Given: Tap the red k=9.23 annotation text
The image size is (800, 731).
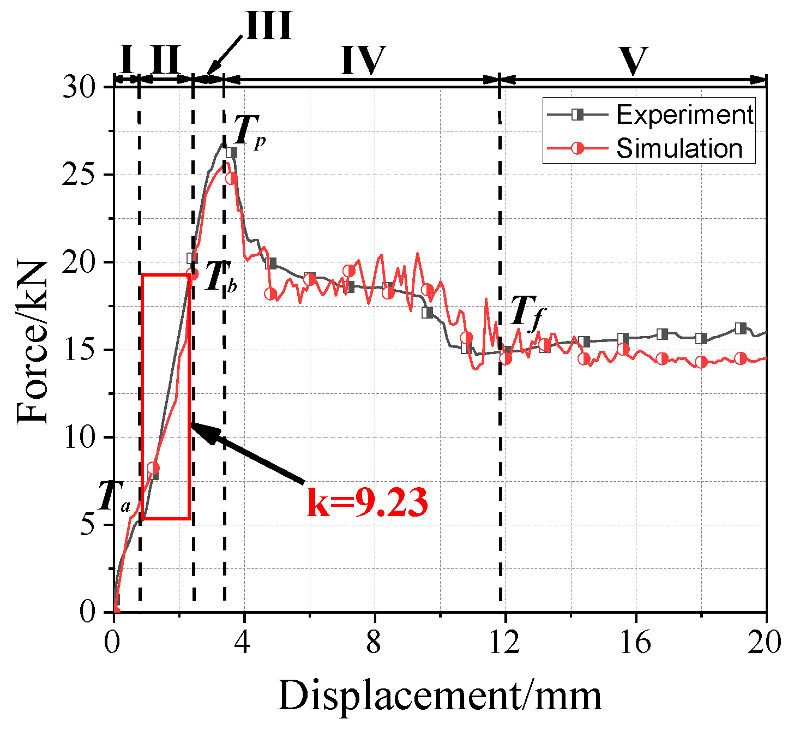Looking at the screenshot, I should pos(367,502).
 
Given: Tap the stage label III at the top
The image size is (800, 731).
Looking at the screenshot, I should pos(269,26).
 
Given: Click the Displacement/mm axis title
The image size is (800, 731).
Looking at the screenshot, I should pos(440,697).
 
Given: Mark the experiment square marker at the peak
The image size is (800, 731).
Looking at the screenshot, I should pos(232,153).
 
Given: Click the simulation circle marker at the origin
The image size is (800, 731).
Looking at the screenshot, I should pos(115,610).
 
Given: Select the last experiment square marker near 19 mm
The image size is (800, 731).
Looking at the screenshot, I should pos(741,328).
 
